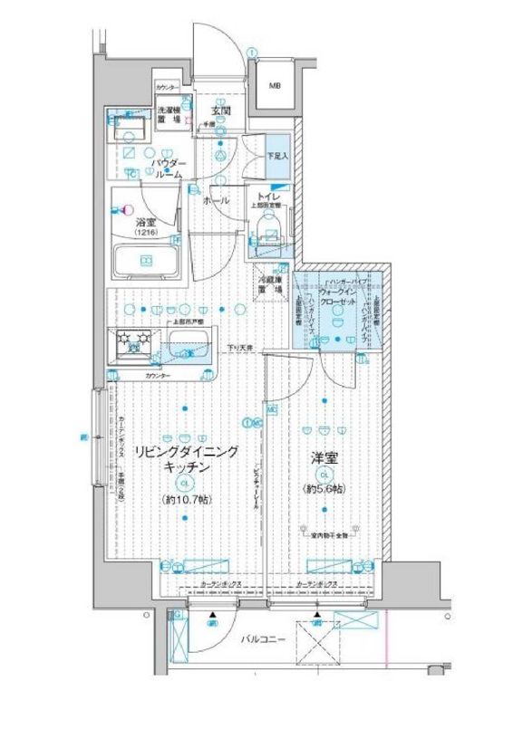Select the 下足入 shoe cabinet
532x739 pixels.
[277, 156]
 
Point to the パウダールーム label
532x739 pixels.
[169, 168]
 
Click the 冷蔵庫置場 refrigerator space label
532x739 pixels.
[276, 286]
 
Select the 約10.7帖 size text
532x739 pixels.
[187, 500]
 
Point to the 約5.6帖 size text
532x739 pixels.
[325, 490]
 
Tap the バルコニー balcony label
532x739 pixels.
[265, 639]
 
